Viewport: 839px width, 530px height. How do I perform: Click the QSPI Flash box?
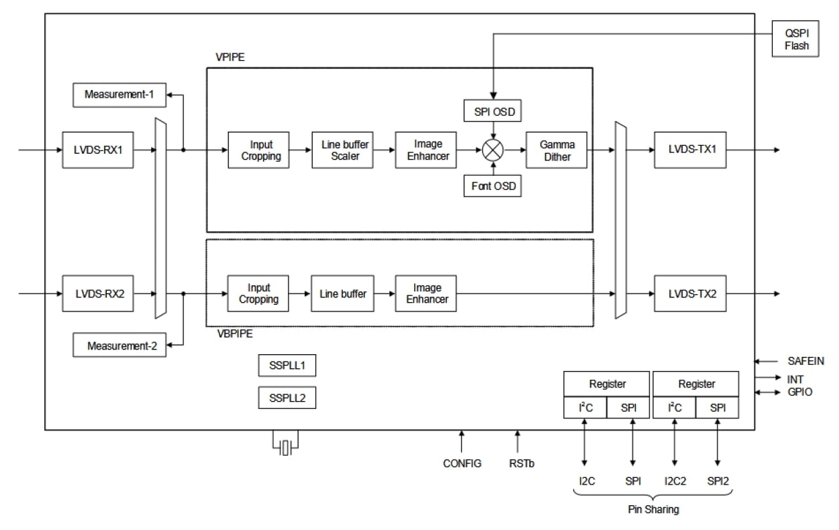[796, 39]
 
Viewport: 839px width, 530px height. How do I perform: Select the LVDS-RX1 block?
[98, 150]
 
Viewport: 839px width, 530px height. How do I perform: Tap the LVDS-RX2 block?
[98, 293]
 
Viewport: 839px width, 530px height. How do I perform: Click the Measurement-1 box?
[119, 95]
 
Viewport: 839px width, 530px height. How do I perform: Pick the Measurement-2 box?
[119, 346]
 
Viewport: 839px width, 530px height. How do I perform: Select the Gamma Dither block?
[556, 150]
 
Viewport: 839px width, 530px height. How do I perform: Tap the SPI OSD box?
[492, 111]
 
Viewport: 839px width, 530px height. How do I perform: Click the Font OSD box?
[492, 186]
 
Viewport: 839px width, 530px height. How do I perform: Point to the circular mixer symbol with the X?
[493, 150]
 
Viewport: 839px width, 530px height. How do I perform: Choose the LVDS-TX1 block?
[689, 150]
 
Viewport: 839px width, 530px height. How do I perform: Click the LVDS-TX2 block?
[689, 293]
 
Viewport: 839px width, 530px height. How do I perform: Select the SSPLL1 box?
[287, 366]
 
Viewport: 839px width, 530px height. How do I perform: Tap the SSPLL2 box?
[287, 398]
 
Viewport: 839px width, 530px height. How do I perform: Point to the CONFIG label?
[462, 463]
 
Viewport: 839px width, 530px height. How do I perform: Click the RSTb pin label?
[518, 463]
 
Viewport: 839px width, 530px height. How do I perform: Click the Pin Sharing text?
[653, 509]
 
